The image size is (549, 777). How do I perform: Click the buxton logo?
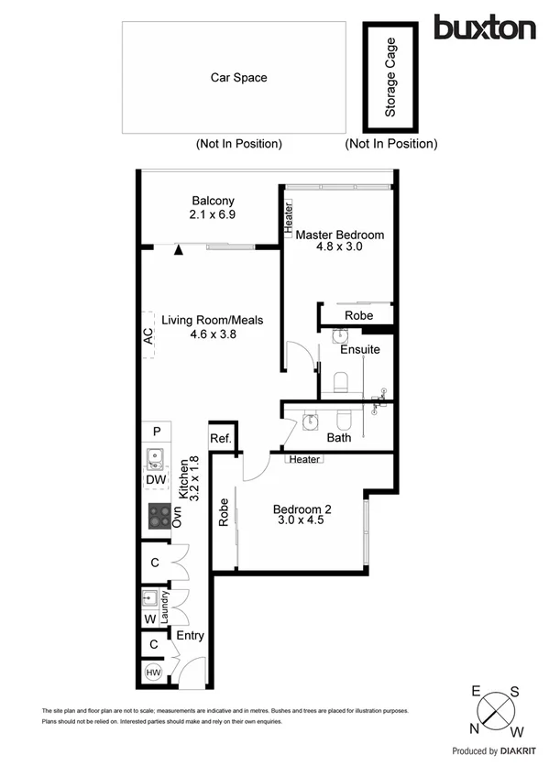coord(484,27)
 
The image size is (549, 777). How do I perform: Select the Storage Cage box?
coord(390,77)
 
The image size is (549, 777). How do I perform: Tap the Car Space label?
coord(238,78)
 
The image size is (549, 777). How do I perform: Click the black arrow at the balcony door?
coord(180,248)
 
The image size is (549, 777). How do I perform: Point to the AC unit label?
coord(148,336)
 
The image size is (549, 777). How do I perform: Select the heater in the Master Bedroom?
coord(288,218)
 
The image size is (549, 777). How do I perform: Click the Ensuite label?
coord(359,349)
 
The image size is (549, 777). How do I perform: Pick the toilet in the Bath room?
coord(344,420)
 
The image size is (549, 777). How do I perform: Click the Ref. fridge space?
coord(221,438)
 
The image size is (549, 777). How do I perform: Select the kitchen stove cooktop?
coord(159,518)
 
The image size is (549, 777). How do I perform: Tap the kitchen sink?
coord(154,455)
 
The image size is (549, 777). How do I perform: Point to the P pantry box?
coord(157,432)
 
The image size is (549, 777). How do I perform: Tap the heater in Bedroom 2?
coord(302,459)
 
